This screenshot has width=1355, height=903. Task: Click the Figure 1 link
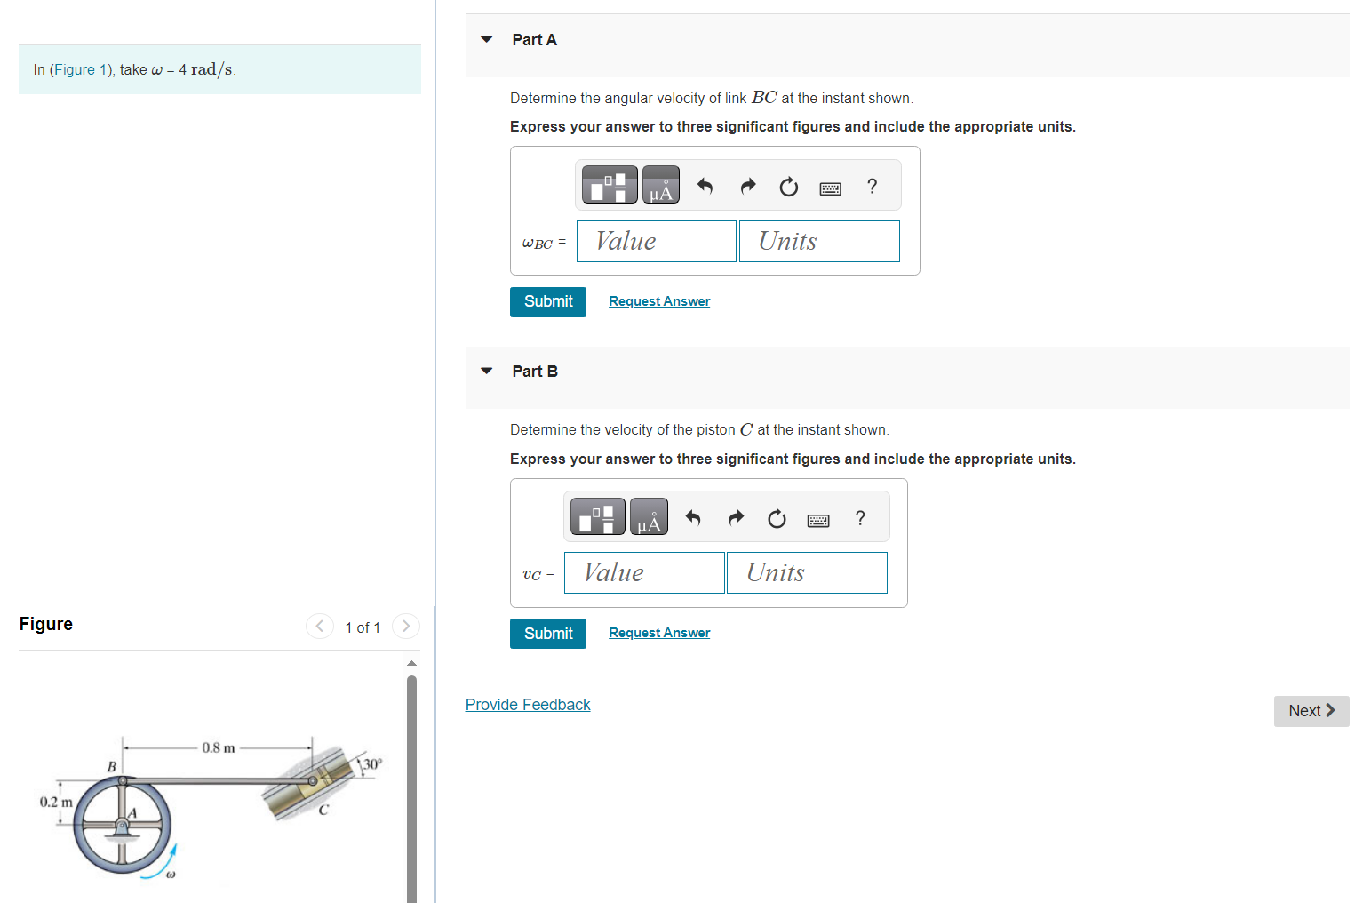80,69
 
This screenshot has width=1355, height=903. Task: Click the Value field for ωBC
656,241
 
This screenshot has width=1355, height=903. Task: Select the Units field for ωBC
818,241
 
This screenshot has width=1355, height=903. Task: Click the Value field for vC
643,572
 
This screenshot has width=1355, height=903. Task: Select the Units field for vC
806,572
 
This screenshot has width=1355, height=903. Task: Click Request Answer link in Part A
659,301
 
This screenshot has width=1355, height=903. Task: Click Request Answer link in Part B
659,633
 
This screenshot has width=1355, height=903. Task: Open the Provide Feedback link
528,705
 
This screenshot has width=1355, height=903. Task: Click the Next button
1311,711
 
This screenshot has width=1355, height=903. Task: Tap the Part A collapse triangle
486,39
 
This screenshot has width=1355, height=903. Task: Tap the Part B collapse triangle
486,371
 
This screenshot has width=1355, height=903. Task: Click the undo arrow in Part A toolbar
705,186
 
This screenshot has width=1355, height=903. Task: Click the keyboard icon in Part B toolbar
818,519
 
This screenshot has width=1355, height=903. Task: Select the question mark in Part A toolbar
872,186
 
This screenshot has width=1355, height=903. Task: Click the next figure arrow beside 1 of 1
406,627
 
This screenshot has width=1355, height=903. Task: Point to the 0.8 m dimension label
219,747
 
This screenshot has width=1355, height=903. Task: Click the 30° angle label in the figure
371,763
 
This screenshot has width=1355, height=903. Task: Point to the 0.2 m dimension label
56,802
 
